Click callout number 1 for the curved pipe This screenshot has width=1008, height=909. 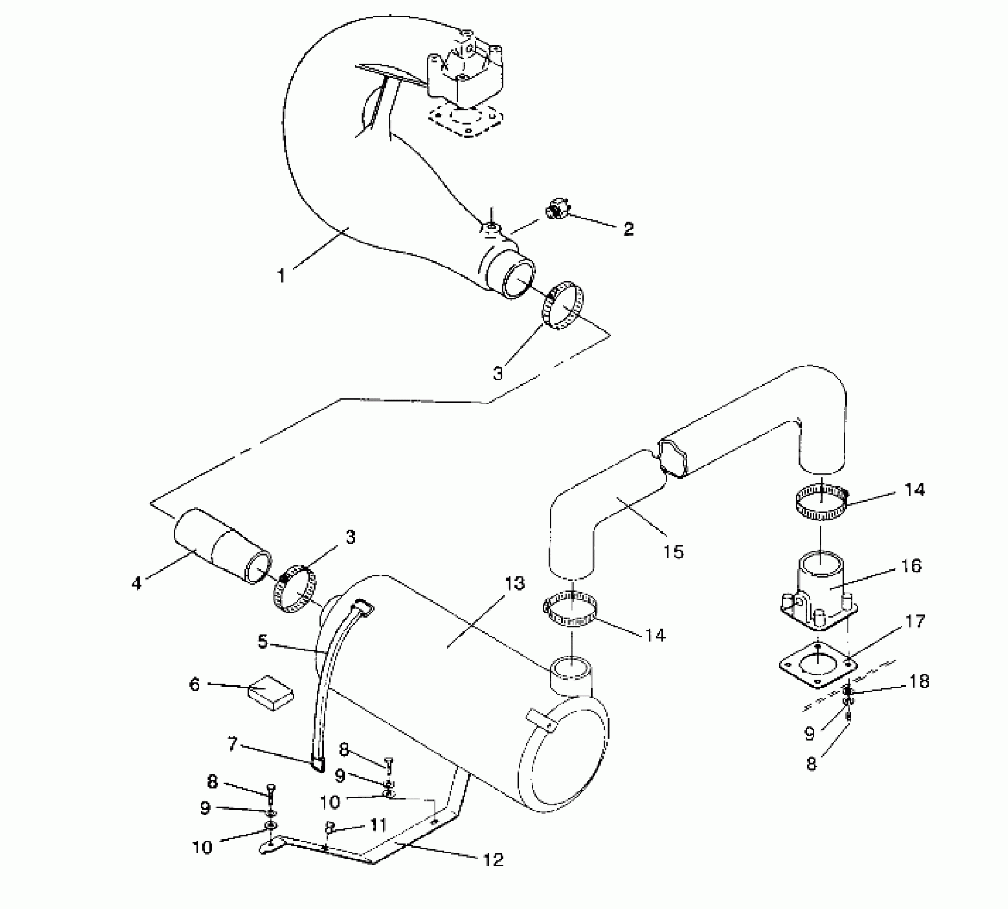pos(281,276)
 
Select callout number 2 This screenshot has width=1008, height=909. pos(628,229)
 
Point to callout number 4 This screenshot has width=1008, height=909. pos(137,583)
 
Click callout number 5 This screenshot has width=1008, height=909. pos(263,641)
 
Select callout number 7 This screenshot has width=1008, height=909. pos(232,744)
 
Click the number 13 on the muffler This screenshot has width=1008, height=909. pos(514,583)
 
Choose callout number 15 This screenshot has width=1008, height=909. pos(673,551)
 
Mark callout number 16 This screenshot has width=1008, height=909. pos(911,566)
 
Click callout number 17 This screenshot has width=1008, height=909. pos(915,621)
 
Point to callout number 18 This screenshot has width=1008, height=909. pos(919,681)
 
